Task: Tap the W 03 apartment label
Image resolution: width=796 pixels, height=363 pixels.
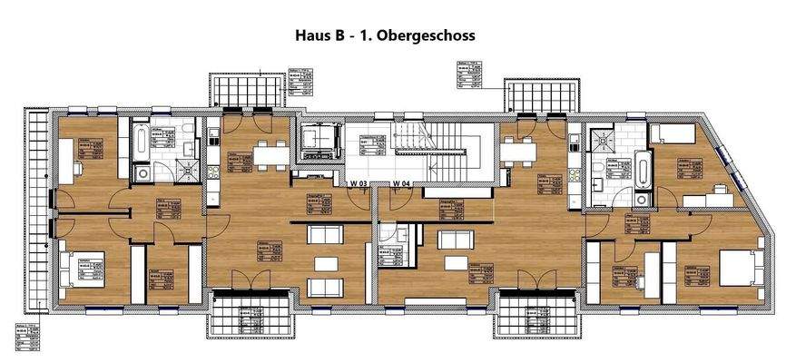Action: (359, 184)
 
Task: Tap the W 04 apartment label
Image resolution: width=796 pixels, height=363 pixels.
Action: (403, 184)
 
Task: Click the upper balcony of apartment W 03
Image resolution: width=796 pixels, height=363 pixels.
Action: (240, 92)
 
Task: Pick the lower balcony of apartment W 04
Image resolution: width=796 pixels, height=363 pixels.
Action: (541, 317)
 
